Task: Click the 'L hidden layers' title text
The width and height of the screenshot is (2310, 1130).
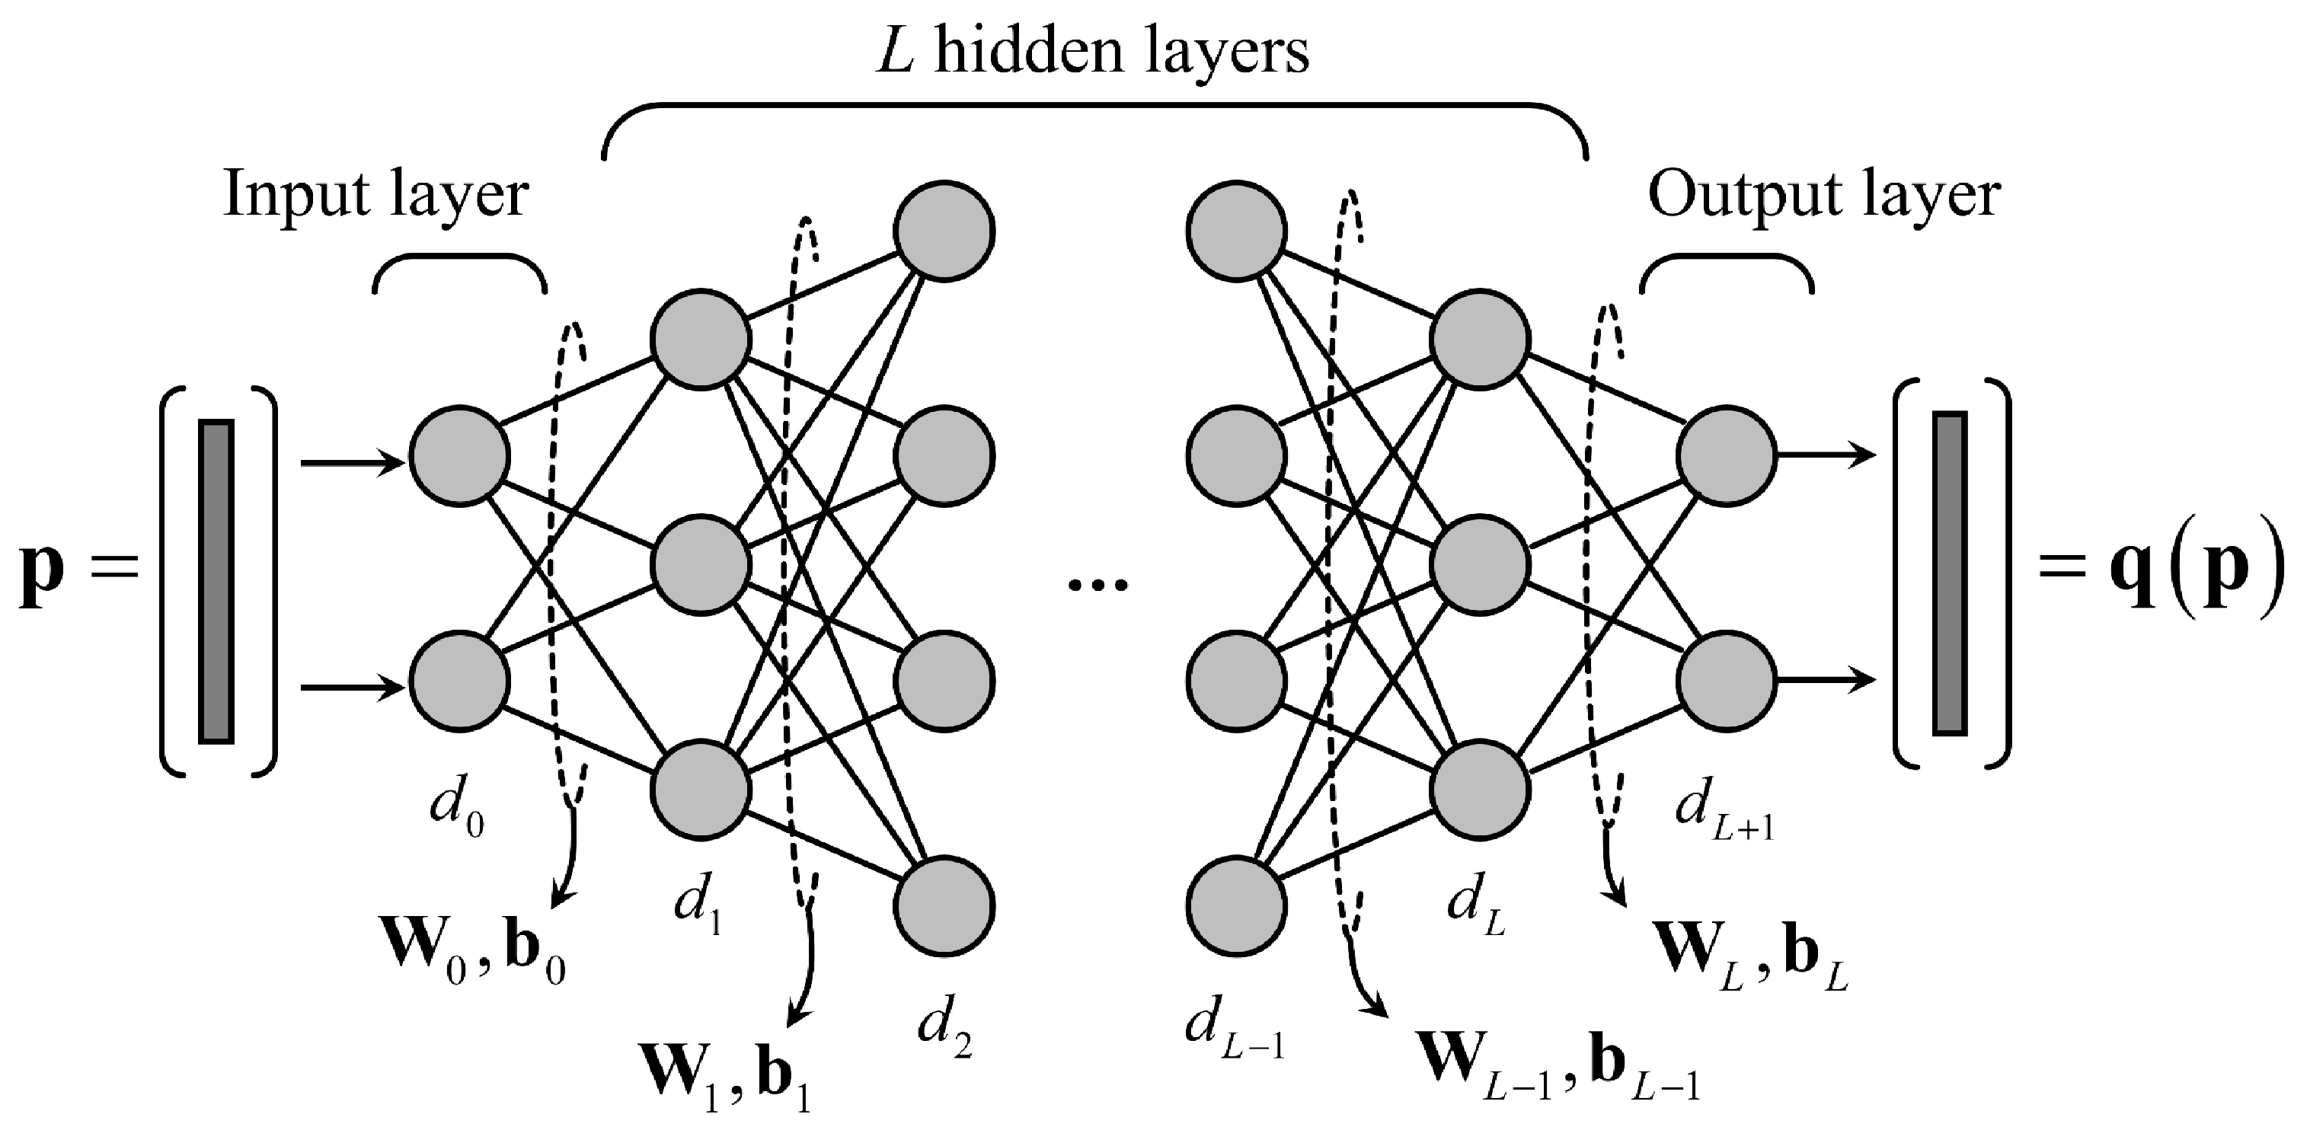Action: pyautogui.click(x=1092, y=52)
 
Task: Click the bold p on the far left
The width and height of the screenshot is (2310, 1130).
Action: pyautogui.click(x=41, y=574)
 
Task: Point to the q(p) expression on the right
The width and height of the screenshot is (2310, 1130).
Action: pyautogui.click(x=2188, y=574)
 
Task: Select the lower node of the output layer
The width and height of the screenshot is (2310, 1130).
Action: pyautogui.click(x=1727, y=681)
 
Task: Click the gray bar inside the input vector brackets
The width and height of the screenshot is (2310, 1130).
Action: pyautogui.click(x=216, y=581)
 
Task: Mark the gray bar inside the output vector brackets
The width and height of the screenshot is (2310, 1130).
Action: pyautogui.click(x=1950, y=574)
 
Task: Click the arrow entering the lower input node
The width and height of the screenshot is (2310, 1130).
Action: pyautogui.click(x=353, y=688)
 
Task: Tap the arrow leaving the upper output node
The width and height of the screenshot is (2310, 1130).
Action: pyautogui.click(x=1826, y=455)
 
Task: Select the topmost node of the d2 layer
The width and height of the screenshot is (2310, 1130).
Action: pyautogui.click(x=944, y=231)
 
